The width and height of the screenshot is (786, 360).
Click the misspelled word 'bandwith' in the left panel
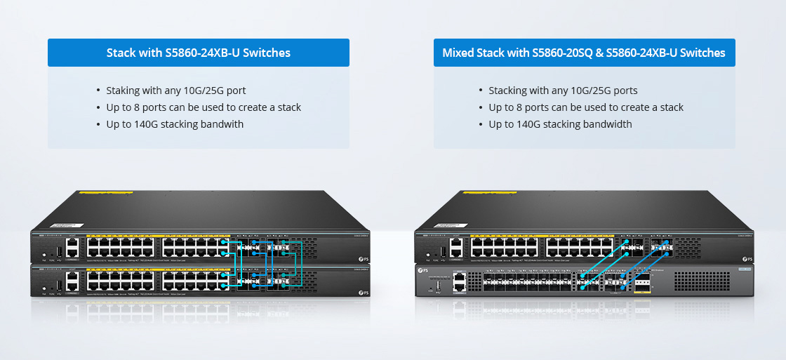coord(222,124)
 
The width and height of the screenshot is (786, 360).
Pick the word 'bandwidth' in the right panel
coord(608,124)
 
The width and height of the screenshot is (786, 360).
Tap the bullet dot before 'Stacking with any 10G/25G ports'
coord(481,91)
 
